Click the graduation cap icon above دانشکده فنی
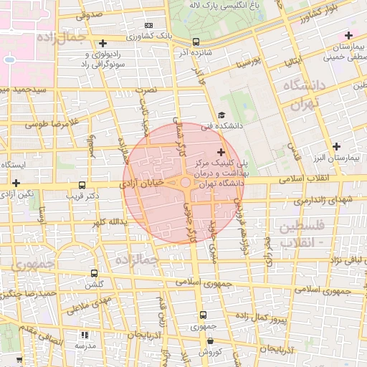click(221, 115)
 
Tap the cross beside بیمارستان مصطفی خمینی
click(348, 35)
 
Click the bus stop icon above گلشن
click(94, 273)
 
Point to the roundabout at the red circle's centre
click(185, 183)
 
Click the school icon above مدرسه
click(84, 335)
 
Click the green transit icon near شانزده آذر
click(196, 42)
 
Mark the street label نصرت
click(147, 91)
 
